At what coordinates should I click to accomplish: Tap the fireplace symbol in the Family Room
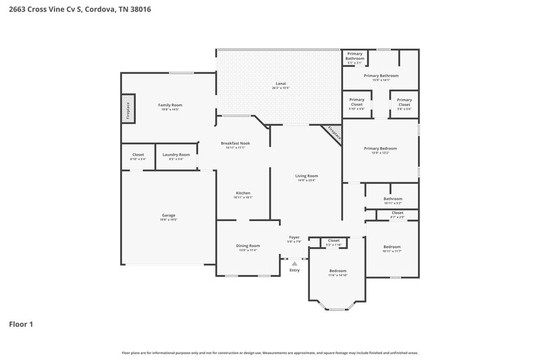coord(126,110)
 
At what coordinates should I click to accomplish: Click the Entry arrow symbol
coord(294,263)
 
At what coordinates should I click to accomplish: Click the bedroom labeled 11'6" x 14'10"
coord(337,272)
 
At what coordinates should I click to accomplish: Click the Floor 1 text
coord(20,324)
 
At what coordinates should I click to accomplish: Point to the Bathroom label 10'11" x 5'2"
coord(393,200)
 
